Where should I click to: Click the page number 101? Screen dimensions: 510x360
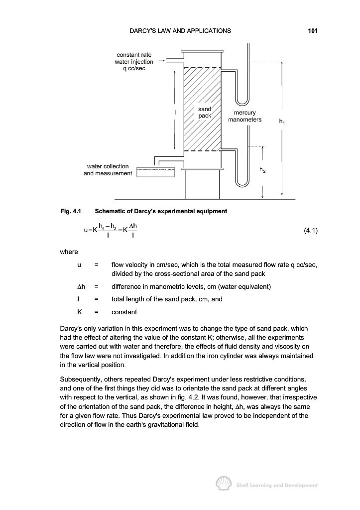coord(313,31)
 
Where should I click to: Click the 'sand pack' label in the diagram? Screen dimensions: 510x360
coord(205,112)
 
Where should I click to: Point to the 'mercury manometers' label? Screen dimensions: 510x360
coord(244,116)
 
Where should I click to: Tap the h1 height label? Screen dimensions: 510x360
coord(282,121)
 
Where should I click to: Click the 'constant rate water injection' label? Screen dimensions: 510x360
coord(134,61)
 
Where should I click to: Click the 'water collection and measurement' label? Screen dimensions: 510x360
coord(108,170)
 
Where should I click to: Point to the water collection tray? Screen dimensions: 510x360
coord(156,172)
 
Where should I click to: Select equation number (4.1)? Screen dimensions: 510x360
coord(310,231)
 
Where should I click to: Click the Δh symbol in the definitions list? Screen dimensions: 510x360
coord(80,286)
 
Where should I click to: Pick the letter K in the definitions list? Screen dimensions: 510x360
coord(79,311)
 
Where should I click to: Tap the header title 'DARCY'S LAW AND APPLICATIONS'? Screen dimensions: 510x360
coord(180,31)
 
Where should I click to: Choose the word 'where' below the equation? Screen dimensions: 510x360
coord(69,252)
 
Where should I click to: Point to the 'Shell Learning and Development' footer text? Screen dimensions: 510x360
coord(276,485)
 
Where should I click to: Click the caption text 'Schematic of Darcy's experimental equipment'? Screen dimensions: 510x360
coord(161,211)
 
